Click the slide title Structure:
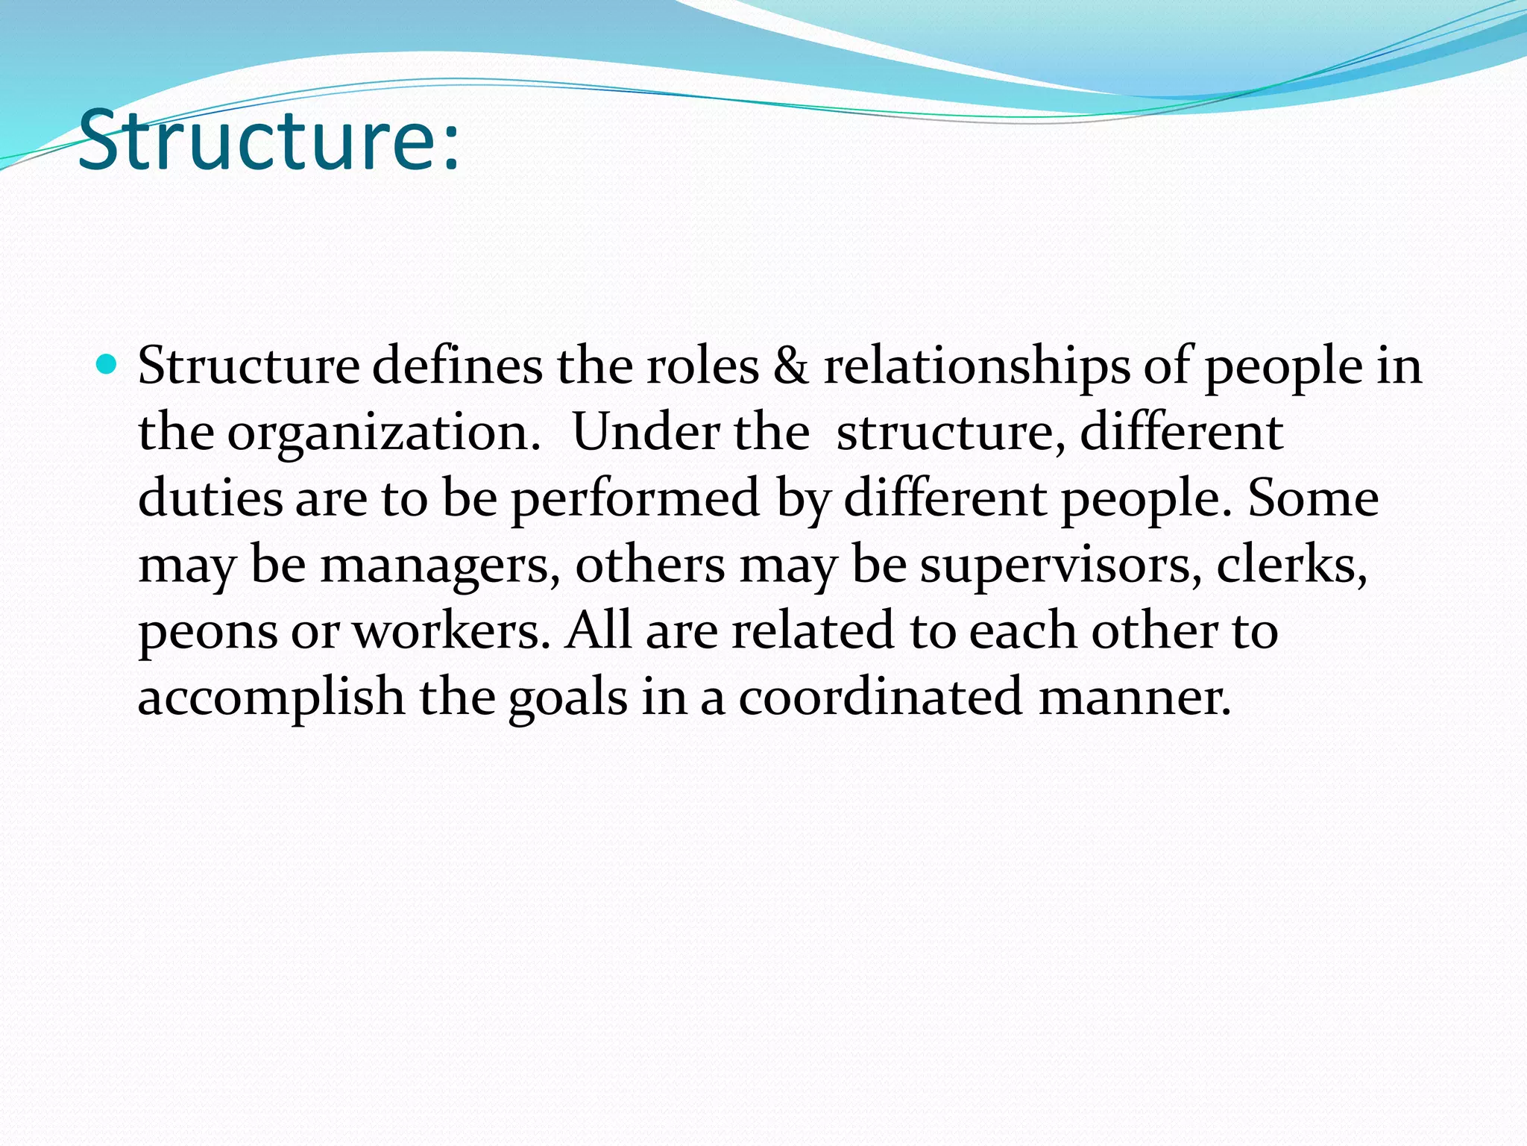pos(268,140)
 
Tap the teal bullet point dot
pos(107,365)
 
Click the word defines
pos(457,366)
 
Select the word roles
pos(702,366)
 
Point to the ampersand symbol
pos(790,366)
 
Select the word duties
pos(210,498)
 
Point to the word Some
pos(1313,498)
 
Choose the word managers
pos(440,566)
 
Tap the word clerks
pos(1291,564)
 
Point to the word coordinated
pos(880,697)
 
